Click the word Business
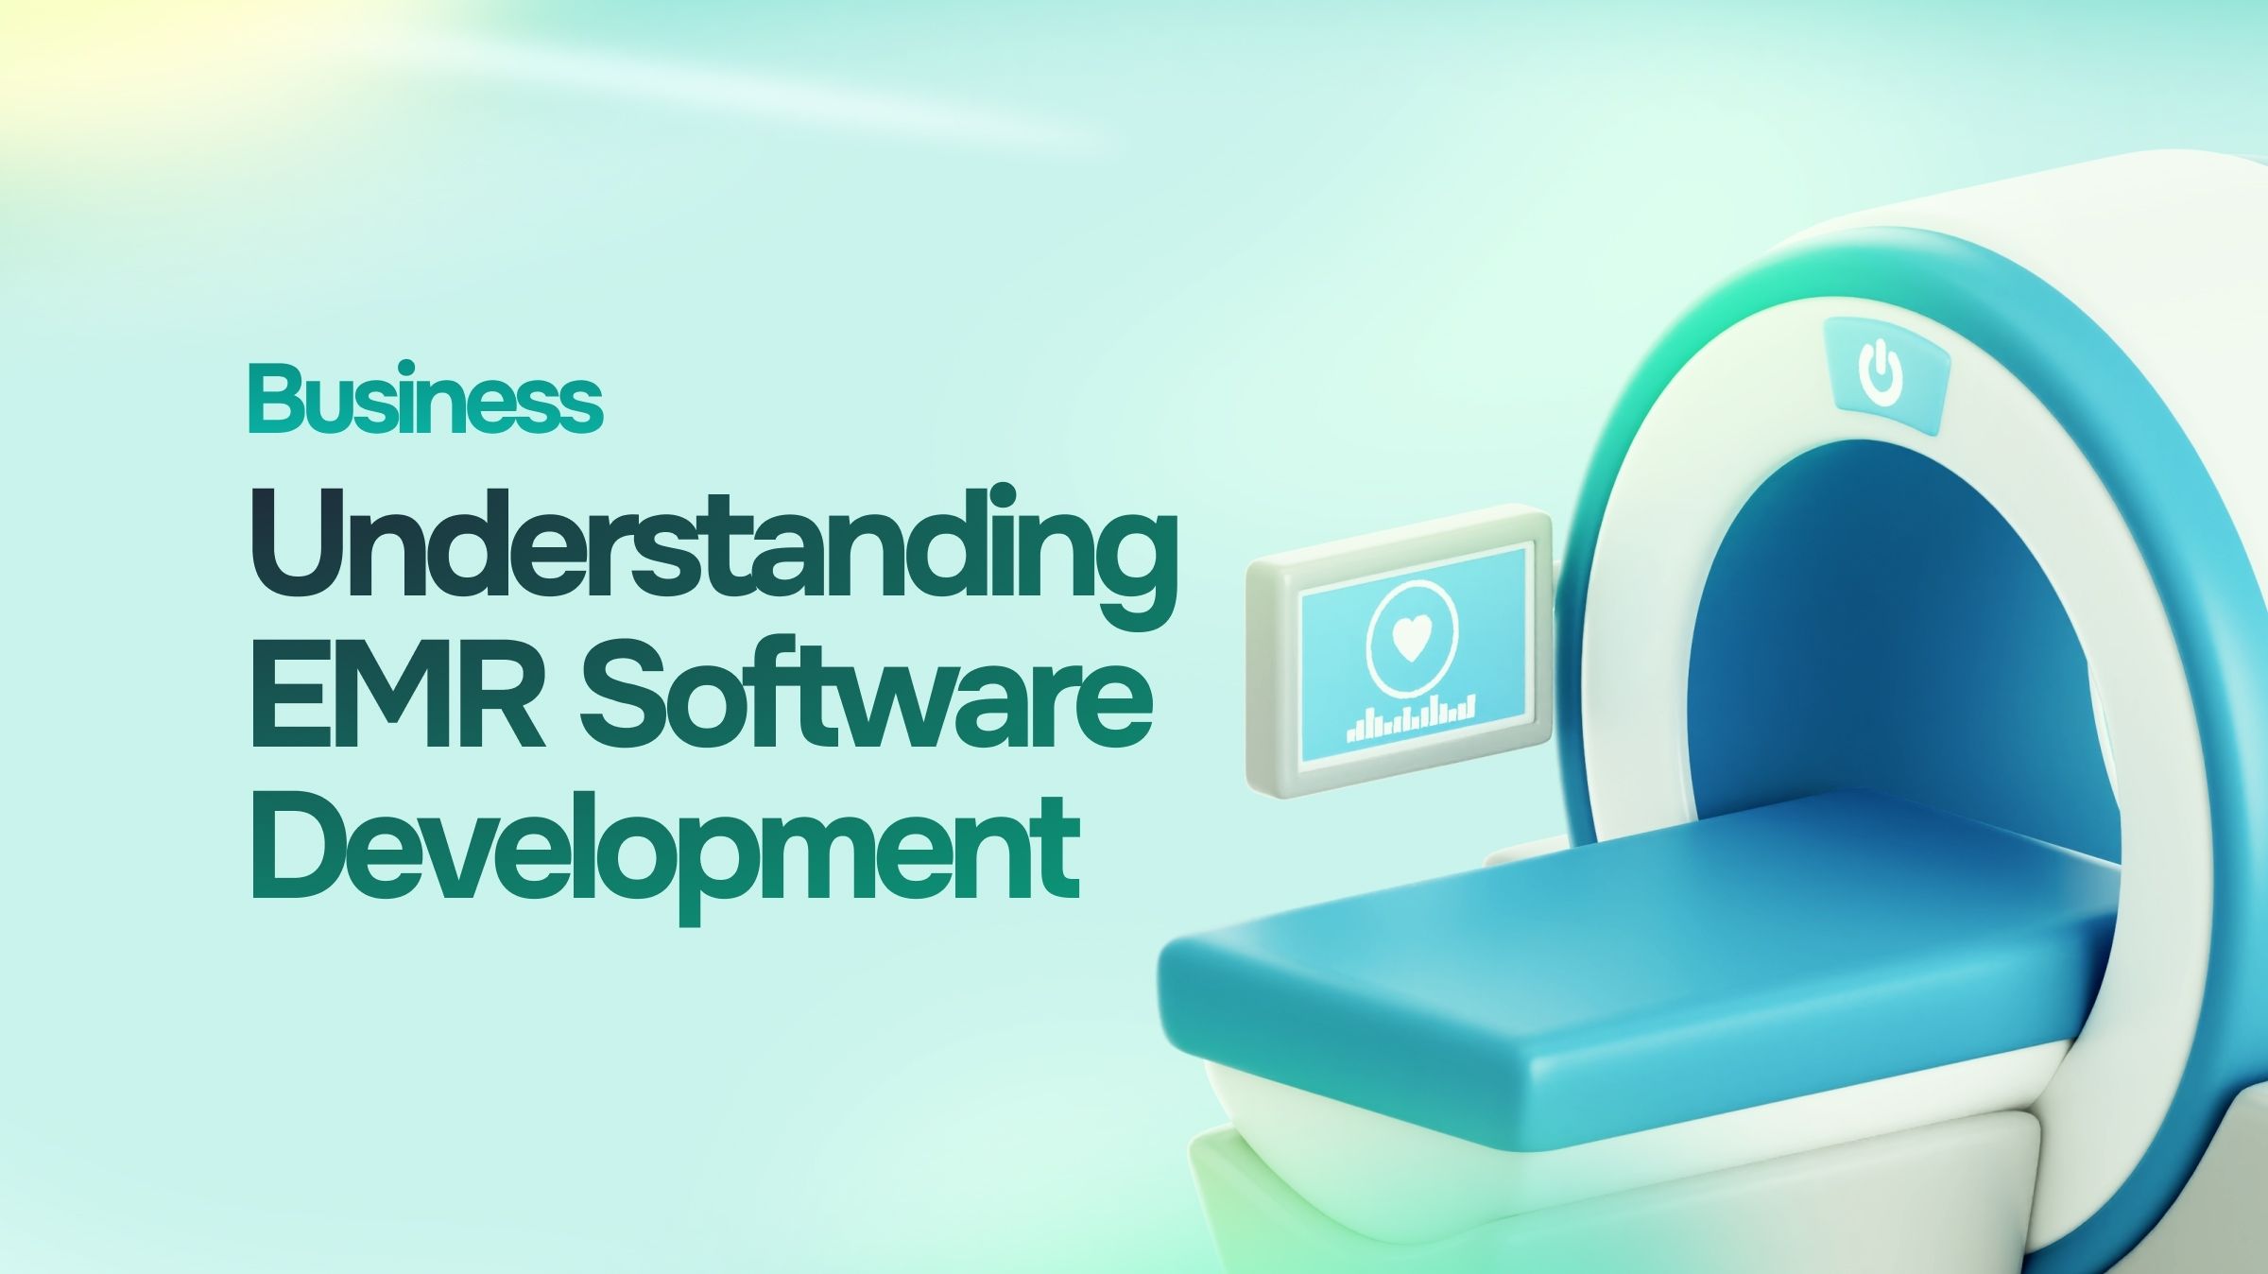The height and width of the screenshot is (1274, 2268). coord(425,399)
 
